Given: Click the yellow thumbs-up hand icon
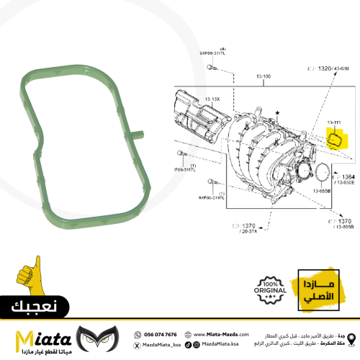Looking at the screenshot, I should pos(27,278).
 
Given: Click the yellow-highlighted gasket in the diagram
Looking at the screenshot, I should pos(336,138).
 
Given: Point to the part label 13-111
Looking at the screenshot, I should pos(335,122).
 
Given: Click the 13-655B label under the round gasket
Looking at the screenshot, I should pos(320,192).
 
